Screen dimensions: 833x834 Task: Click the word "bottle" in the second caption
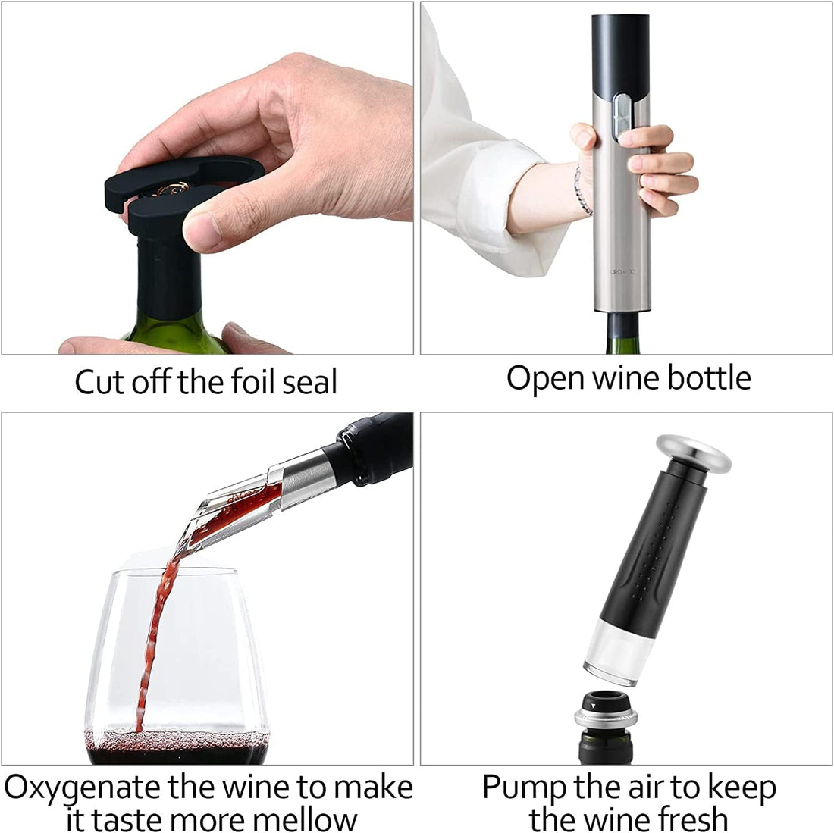pyautogui.click(x=709, y=377)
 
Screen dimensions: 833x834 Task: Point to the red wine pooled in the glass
pyautogui.click(x=178, y=746)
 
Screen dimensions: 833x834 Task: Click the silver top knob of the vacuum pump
pyautogui.click(x=694, y=452)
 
